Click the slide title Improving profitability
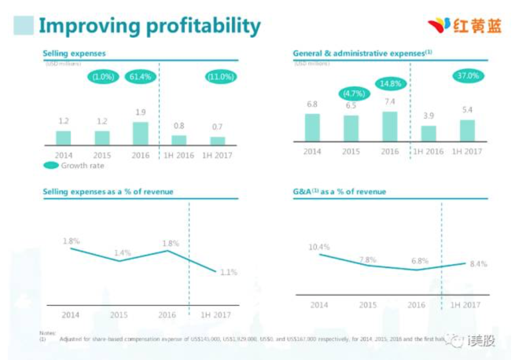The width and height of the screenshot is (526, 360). (x=149, y=26)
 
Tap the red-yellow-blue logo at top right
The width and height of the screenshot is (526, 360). (x=465, y=26)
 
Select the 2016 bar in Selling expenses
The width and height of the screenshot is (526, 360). (x=140, y=134)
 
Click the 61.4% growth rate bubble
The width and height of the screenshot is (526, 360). (x=140, y=77)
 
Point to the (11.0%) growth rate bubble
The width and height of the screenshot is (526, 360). (x=221, y=77)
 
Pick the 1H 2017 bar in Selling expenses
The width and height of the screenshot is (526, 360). (x=217, y=141)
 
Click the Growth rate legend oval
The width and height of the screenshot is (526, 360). (x=51, y=165)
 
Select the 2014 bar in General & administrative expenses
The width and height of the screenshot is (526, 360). (x=312, y=127)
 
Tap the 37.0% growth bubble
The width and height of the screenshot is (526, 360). (x=467, y=75)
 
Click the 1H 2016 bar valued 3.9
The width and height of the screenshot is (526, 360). (x=429, y=134)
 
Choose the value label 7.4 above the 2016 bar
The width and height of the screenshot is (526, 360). (x=390, y=102)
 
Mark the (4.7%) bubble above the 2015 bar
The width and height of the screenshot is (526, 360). (x=354, y=94)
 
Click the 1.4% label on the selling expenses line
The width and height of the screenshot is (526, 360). (x=122, y=253)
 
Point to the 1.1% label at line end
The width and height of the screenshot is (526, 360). (x=229, y=272)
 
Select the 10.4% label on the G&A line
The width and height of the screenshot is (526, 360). (x=319, y=247)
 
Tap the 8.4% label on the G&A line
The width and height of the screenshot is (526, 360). (x=478, y=264)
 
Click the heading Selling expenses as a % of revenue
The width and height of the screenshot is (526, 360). (x=108, y=192)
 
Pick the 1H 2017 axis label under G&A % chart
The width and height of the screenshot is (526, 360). (x=465, y=305)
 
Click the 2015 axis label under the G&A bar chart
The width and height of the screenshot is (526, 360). (x=351, y=151)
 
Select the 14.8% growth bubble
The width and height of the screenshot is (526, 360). (x=390, y=83)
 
